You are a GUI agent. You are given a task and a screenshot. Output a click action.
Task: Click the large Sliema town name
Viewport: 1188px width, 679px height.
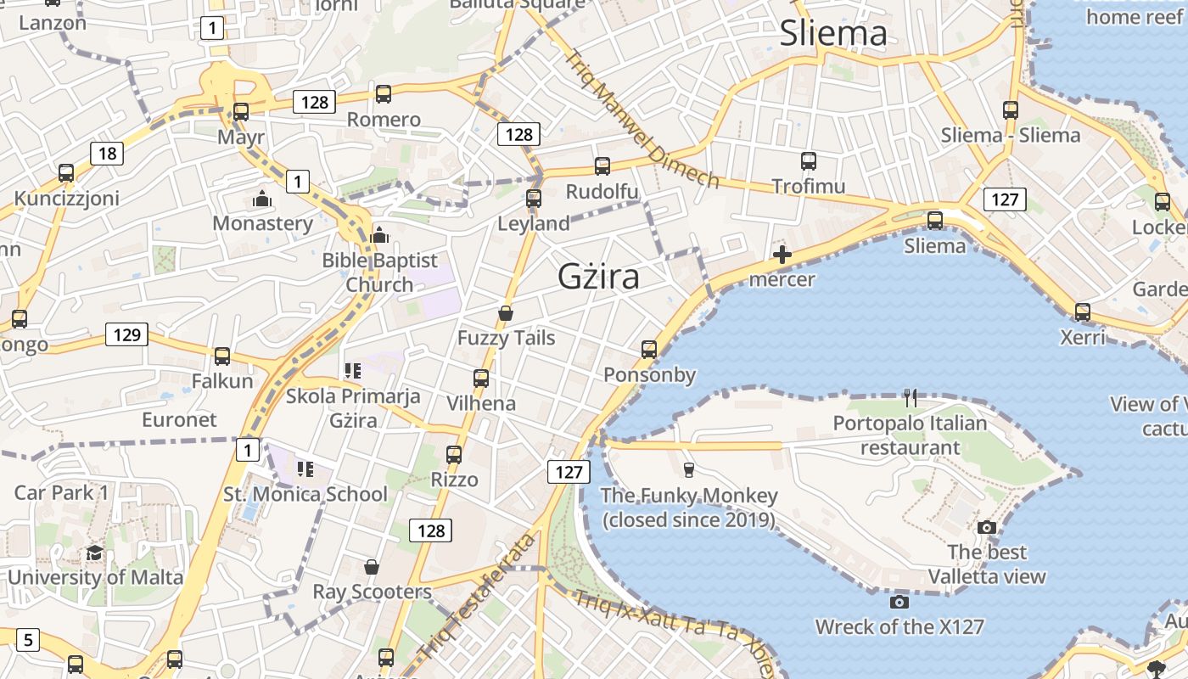coord(832,34)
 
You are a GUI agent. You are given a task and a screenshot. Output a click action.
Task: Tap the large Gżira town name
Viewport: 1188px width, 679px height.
coord(598,277)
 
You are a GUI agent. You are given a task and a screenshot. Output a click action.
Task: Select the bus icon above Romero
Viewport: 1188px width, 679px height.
coord(384,94)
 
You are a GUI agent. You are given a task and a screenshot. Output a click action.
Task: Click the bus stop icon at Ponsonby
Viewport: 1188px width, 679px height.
coord(649,350)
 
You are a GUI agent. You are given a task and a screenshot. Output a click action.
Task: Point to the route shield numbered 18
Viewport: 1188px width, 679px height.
coord(107,154)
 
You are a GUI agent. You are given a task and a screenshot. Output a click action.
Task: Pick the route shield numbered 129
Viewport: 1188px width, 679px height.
coord(126,334)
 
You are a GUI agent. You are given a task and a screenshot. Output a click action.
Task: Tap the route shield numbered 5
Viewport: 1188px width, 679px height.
coord(28,639)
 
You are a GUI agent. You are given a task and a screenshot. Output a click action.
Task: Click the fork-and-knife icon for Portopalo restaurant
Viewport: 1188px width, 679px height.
coord(911,397)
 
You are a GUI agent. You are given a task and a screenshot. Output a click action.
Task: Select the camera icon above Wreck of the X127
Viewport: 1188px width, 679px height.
coord(899,603)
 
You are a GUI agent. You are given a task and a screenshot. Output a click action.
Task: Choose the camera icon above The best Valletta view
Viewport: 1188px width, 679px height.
coord(986,527)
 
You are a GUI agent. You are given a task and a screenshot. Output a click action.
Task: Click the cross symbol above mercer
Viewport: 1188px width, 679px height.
coord(782,255)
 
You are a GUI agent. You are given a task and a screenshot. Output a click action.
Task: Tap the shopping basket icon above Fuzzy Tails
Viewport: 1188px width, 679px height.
coord(506,313)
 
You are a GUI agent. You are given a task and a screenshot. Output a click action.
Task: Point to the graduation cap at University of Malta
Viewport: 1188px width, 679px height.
coord(94,553)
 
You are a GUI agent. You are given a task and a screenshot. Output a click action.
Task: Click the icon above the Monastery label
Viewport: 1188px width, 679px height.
coord(262,199)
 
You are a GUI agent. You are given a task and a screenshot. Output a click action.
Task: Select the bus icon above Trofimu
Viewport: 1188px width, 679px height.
coord(809,160)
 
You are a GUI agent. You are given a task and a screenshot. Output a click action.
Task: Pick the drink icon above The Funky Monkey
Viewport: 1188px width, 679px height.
coord(688,469)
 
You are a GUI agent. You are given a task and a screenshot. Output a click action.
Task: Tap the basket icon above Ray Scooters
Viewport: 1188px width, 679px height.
coord(371,567)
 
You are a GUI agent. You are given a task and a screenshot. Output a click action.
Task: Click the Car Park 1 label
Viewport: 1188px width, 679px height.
coord(62,493)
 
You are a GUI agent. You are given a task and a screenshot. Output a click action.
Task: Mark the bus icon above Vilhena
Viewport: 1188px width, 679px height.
coord(481,378)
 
